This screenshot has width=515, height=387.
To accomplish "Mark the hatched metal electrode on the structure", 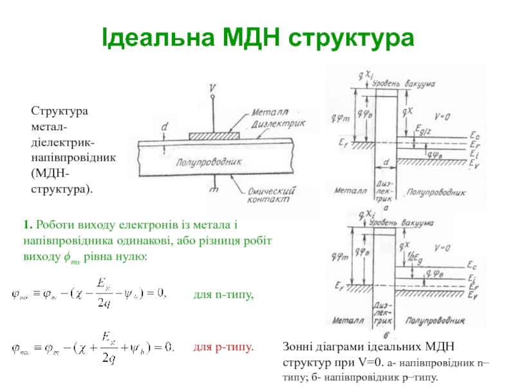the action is [214, 135].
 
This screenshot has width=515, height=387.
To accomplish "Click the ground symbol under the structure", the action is [212, 186].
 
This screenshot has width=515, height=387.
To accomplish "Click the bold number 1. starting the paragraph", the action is [28, 225].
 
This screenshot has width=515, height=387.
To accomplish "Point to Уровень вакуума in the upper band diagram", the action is [403, 84].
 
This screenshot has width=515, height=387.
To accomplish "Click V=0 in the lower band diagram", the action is [443, 248].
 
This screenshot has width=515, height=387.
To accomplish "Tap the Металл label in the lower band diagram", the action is [350, 319].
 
